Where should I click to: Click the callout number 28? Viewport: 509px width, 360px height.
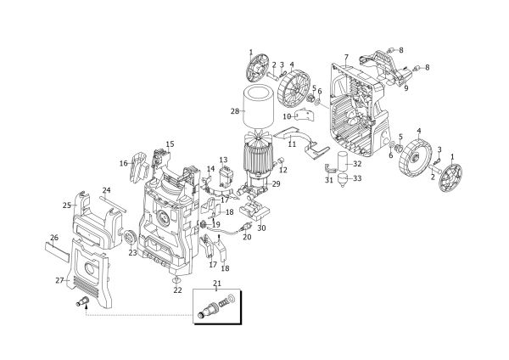pos(235,111)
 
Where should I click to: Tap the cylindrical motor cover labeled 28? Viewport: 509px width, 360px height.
pos(259,105)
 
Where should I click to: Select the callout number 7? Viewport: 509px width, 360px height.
pos(346,58)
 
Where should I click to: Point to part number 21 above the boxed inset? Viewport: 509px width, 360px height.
pos(217,283)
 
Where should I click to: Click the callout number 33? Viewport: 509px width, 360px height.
pos(357,178)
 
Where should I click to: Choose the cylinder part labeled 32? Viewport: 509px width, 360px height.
pos(343,162)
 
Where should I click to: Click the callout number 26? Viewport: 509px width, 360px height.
pos(54,238)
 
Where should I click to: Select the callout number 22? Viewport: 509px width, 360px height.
pos(177,290)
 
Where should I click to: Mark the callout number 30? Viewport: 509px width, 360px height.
pos(261,228)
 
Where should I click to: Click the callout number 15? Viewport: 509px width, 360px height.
pos(171,144)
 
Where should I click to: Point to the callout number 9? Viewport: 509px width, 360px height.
pos(406,87)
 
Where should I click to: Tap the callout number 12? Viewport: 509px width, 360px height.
pos(283,170)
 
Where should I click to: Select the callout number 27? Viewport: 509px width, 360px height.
pos(59,280)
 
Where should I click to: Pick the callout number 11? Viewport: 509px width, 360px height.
pos(292,144)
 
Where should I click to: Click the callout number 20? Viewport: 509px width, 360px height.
pos(247,237)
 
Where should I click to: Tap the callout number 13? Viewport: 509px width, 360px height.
pos(223,160)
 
